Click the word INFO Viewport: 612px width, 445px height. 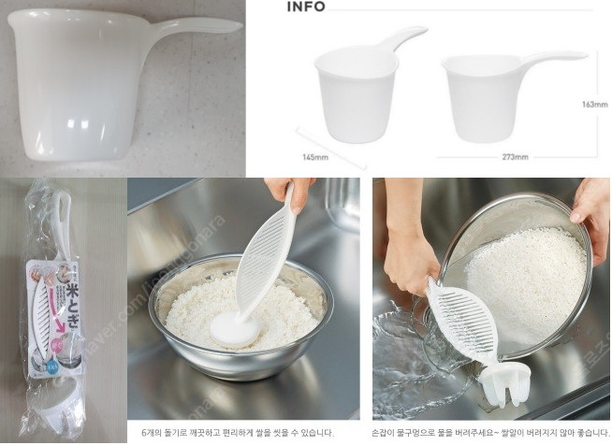pyautogui.click(x=306, y=7)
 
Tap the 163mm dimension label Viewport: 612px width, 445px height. pyautogui.click(x=595, y=104)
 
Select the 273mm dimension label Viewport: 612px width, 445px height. pyautogui.click(x=516, y=157)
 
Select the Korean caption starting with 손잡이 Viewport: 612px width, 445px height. pyautogui.click(x=491, y=432)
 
